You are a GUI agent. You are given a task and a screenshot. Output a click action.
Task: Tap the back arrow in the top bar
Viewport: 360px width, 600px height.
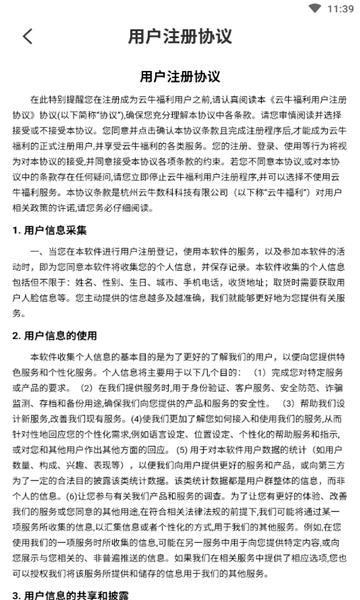click(x=27, y=37)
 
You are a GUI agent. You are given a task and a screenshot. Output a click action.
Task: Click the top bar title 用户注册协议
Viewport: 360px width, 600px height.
click(x=180, y=37)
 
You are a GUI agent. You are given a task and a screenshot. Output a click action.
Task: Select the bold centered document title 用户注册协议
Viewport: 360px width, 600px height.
click(x=180, y=76)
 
